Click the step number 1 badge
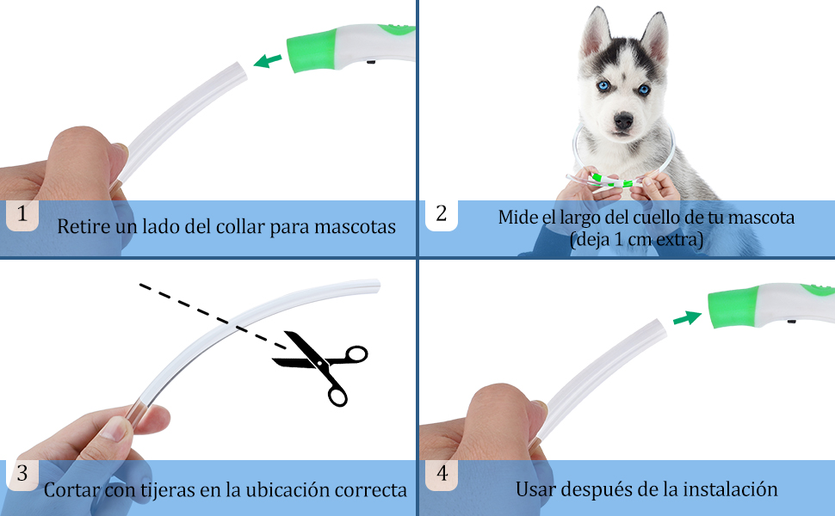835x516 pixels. click(22, 215)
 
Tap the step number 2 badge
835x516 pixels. click(441, 215)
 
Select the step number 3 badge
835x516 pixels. click(22, 473)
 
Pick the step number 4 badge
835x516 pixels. click(441, 473)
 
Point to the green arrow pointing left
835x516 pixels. click(268, 60)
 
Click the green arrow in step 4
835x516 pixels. click(686, 318)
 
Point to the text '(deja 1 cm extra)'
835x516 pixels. click(636, 240)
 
